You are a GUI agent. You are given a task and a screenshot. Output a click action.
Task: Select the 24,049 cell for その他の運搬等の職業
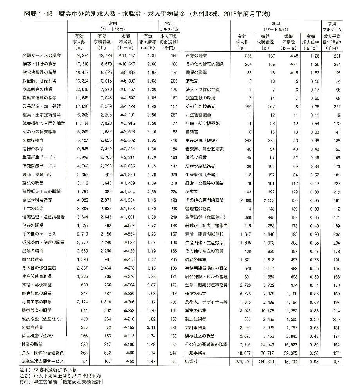click(x=266, y=345)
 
